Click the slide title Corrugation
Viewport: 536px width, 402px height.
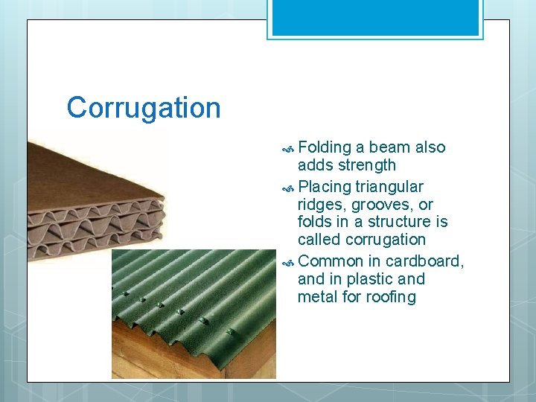[144, 108]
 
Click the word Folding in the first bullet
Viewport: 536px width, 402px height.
[324, 147]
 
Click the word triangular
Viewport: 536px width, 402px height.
[389, 187]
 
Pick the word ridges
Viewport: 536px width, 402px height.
[322, 205]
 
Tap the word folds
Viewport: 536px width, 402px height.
[316, 222]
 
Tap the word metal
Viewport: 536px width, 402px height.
[317, 297]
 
